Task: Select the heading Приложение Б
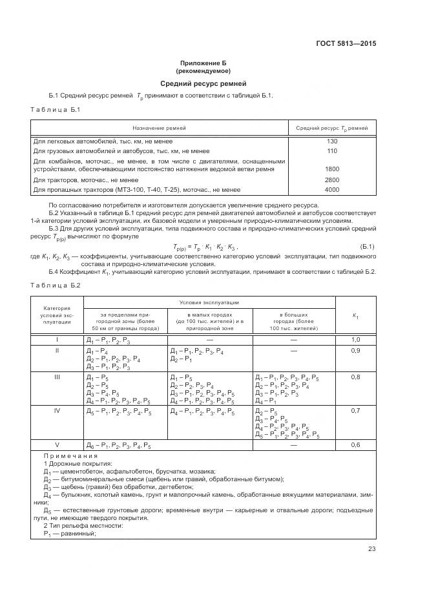click(203, 63)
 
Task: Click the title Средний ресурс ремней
click(203, 84)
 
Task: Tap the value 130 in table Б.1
click(332, 141)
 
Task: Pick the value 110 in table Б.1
click(332, 151)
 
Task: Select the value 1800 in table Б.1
click(332, 169)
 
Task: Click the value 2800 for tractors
click(332, 180)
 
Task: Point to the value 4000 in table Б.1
click(332, 190)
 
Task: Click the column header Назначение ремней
click(160, 128)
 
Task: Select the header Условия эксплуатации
click(209, 302)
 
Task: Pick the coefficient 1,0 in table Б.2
click(355, 340)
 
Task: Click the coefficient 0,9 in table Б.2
click(355, 351)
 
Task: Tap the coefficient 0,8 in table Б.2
click(355, 377)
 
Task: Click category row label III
click(57, 377)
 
